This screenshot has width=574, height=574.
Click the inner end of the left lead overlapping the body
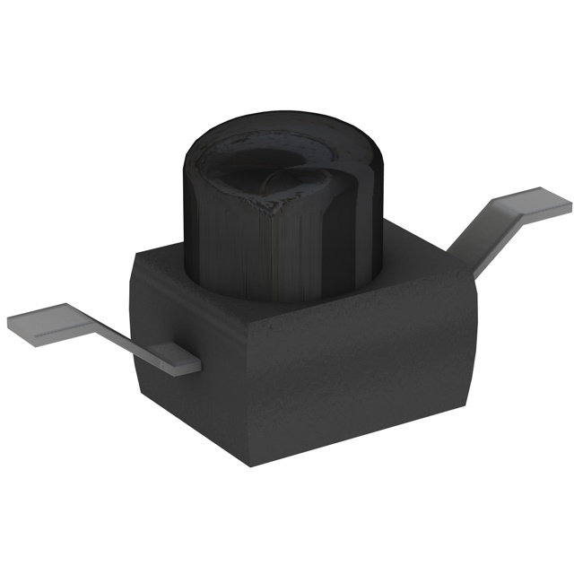(179, 359)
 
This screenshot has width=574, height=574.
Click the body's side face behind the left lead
(161, 314)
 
